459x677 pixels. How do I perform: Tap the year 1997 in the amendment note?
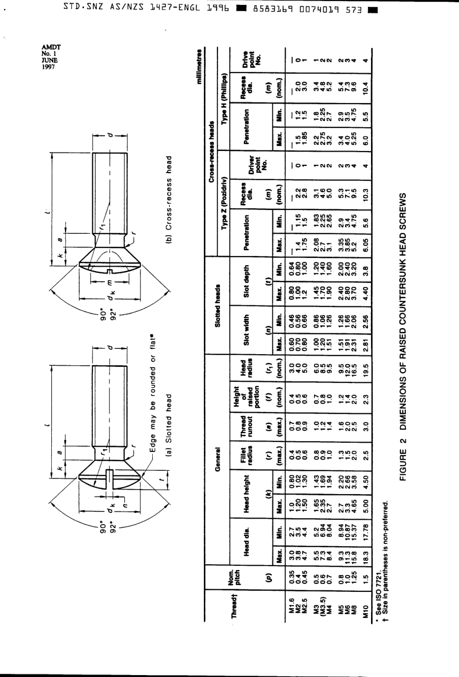48,67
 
